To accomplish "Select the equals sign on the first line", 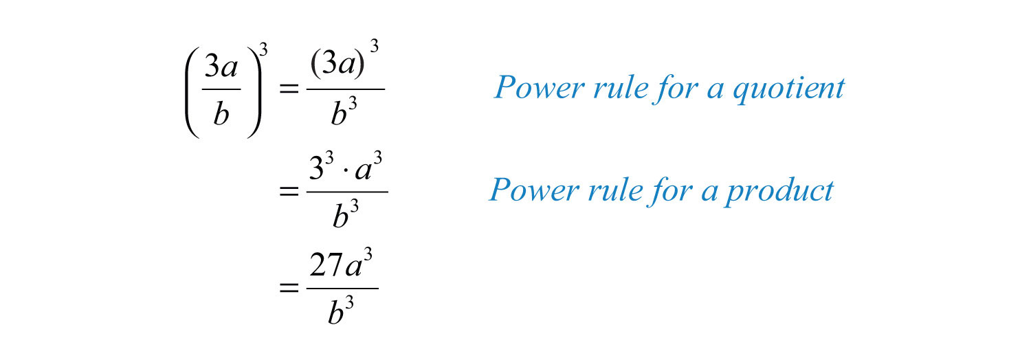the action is pos(289,88).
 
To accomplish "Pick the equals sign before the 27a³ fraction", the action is pos(289,289).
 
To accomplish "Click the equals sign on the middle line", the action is pos(289,191).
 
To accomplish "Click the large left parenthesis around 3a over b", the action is pos(192,93).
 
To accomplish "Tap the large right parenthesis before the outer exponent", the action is pos(254,93).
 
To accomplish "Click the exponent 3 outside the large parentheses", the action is pos(263,49).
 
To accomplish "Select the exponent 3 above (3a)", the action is pos(374,46).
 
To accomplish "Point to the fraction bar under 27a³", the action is pos(342,289).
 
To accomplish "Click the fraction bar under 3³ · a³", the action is pos(347,192).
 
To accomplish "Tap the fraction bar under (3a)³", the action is pos(345,89).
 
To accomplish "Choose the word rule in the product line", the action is pos(615,190).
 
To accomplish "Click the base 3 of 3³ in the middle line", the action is pos(317,168).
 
